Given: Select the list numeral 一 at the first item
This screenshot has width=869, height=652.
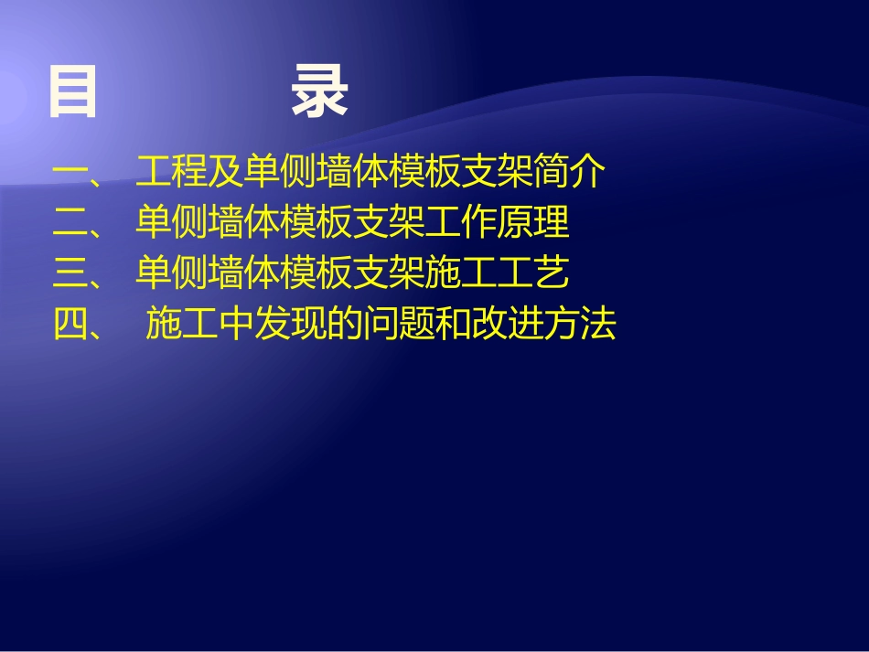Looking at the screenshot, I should [x=70, y=172].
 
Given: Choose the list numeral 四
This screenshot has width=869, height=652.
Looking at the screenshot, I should [x=70, y=325].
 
